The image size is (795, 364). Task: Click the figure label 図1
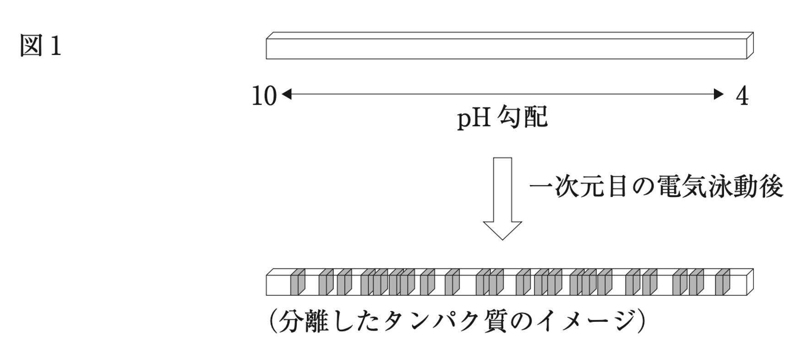[x=40, y=46]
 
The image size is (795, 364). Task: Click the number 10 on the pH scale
[x=264, y=96]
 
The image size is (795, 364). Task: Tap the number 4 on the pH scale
[x=742, y=96]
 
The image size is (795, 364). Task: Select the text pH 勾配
[x=502, y=118]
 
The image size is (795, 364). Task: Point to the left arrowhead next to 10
[x=287, y=95]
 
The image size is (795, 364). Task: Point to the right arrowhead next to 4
[x=719, y=95]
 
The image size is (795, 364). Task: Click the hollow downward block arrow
[x=502, y=197]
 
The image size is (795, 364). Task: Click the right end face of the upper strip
[x=750, y=46]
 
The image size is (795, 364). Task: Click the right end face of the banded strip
[x=750, y=282]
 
